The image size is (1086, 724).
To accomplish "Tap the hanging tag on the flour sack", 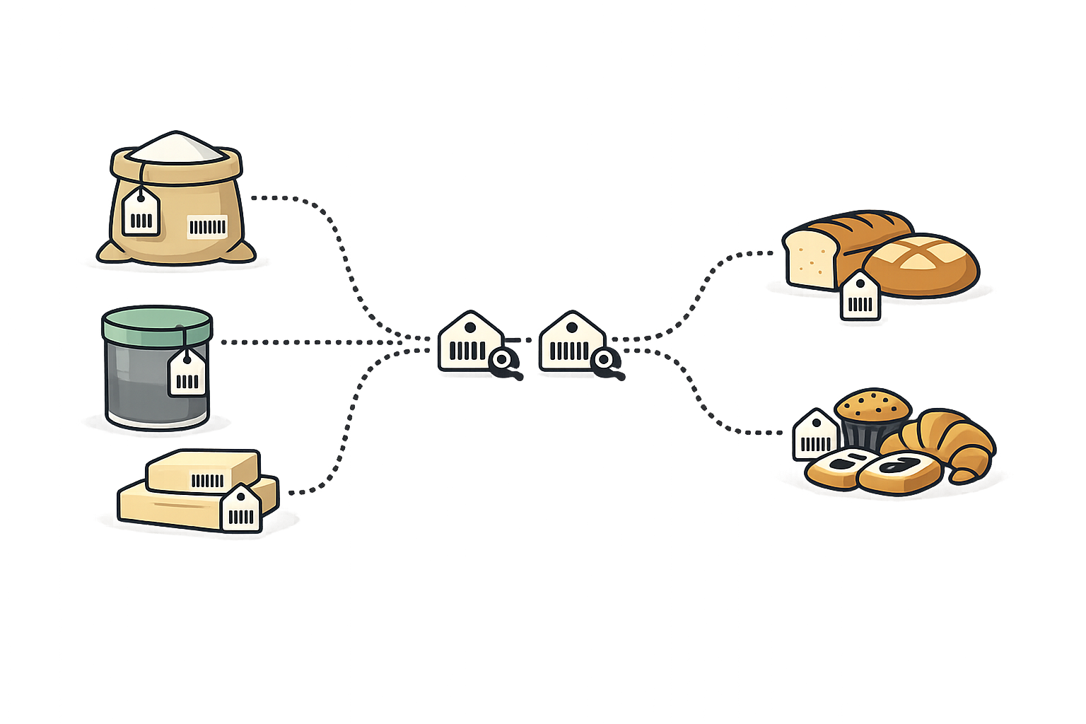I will tap(141, 213).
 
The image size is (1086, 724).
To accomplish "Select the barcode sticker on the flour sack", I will tap(207, 226).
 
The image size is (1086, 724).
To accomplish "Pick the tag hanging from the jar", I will tap(187, 374).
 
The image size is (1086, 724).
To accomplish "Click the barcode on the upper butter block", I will tap(207, 481).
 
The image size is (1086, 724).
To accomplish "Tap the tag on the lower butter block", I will tap(241, 510).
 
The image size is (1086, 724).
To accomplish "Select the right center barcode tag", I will tap(569, 343).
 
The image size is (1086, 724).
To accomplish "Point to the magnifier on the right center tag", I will tap(605, 361).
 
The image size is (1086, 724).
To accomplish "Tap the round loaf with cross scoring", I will tap(922, 264).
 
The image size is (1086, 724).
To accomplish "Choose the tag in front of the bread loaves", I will tap(860, 297).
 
